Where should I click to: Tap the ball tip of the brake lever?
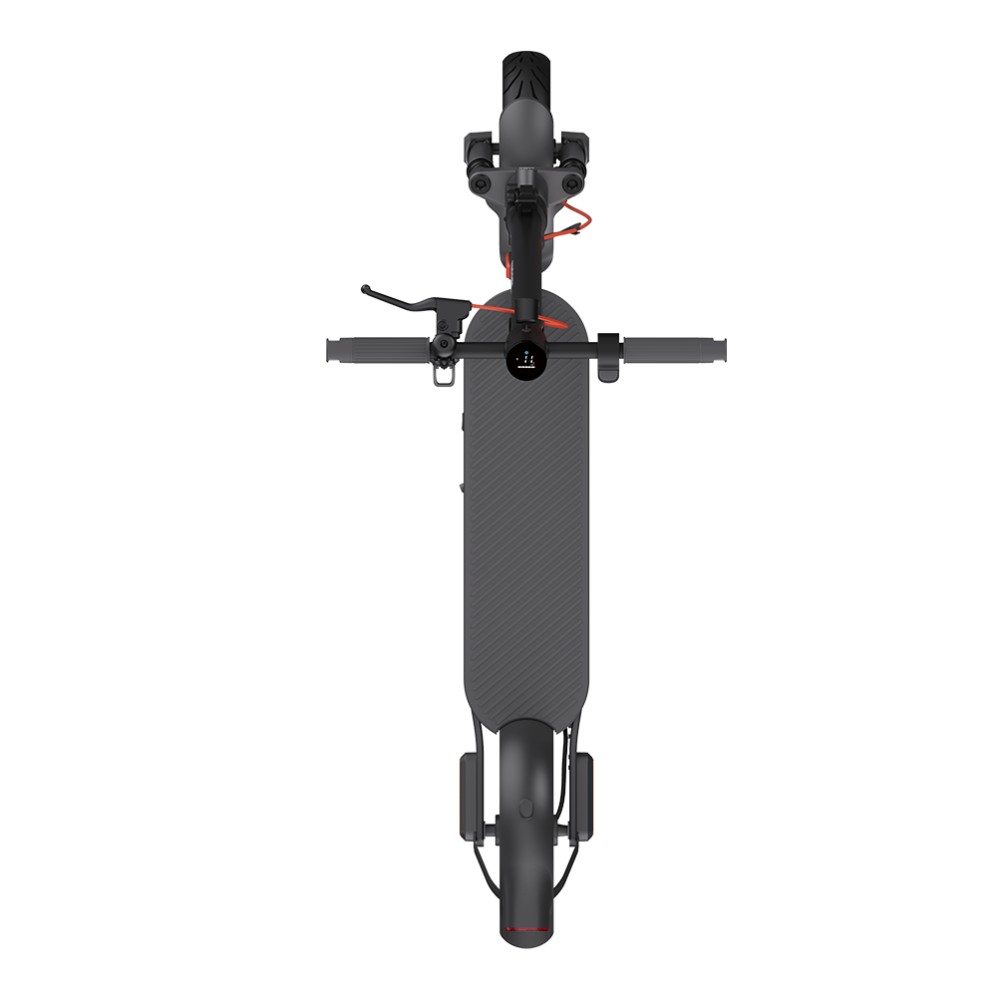point(366,290)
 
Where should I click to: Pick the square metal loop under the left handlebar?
point(441,376)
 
